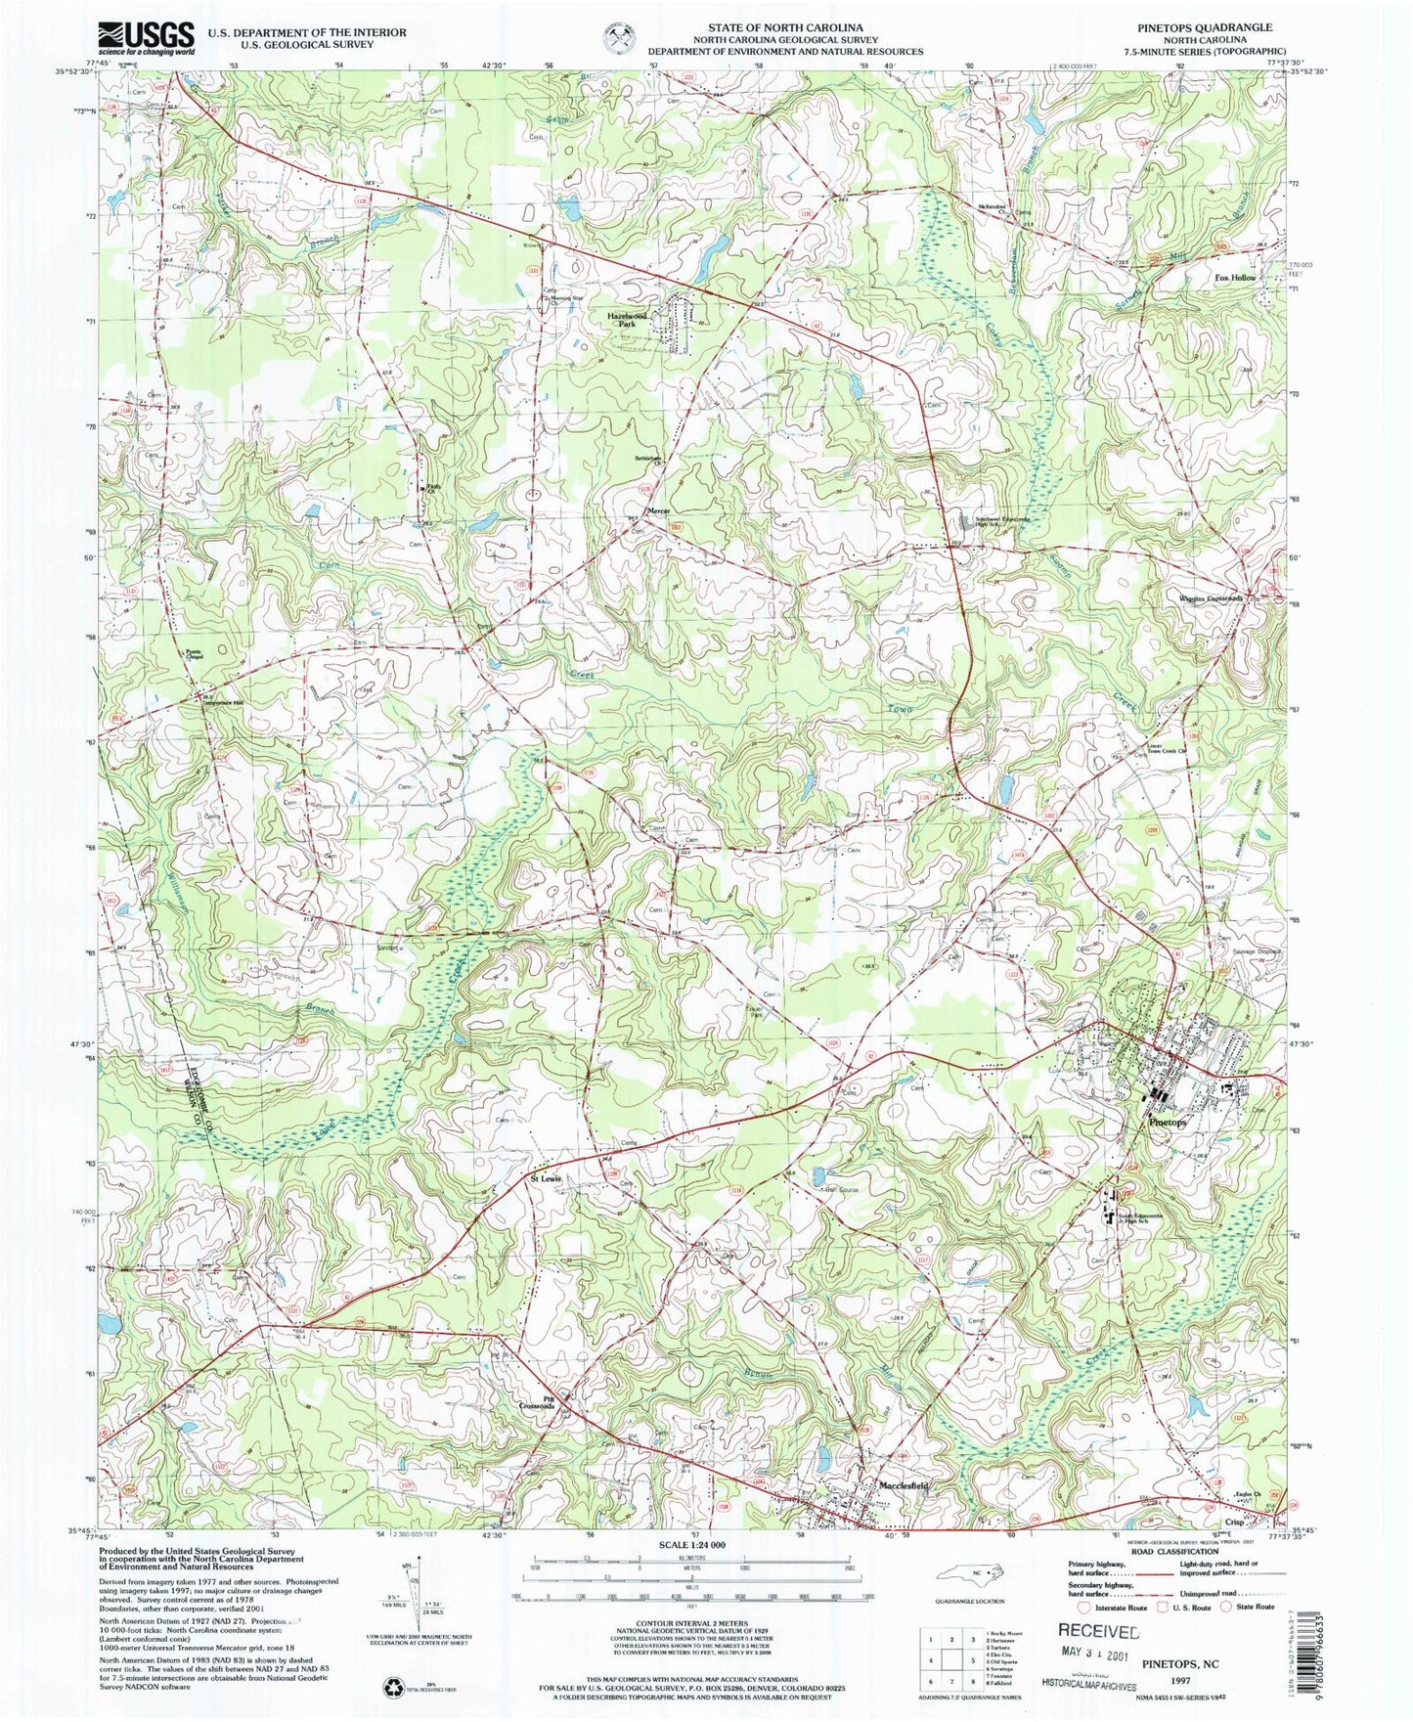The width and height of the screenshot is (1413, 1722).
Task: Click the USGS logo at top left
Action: [146, 38]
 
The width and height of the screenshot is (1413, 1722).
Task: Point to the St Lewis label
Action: [546, 1179]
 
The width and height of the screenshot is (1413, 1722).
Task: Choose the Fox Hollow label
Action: [1234, 278]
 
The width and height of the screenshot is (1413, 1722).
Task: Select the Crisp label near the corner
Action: [1234, 1523]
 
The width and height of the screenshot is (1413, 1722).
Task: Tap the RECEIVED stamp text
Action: [1098, 1632]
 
